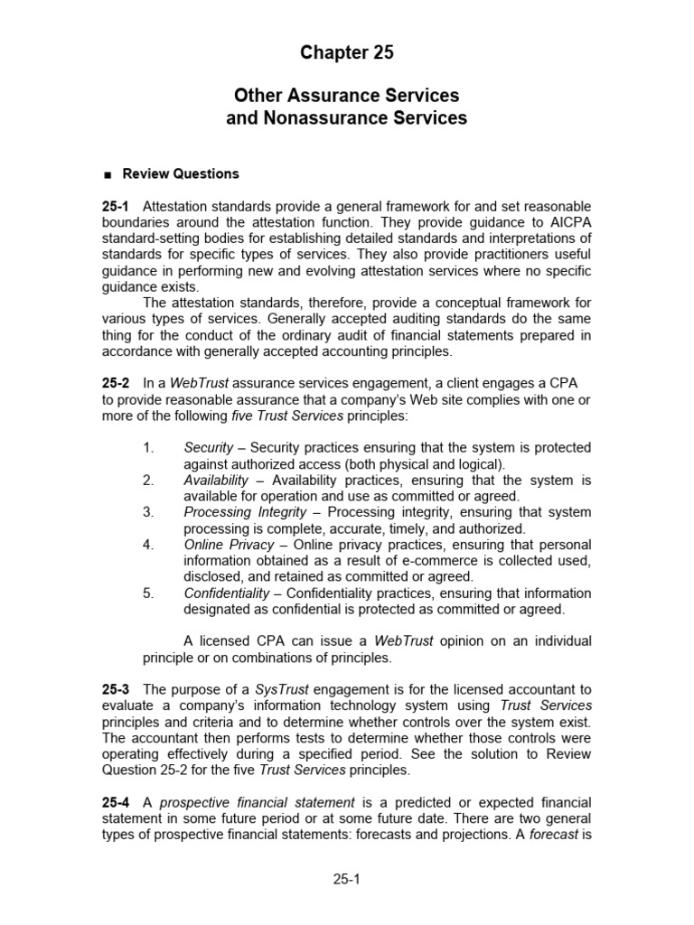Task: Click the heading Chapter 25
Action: (x=347, y=53)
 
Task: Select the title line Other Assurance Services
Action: (x=347, y=96)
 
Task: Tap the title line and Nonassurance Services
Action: (x=347, y=117)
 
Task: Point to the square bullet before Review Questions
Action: (x=107, y=174)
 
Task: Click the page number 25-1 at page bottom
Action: (x=347, y=877)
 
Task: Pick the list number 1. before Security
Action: (x=149, y=448)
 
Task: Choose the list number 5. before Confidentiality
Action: (x=149, y=593)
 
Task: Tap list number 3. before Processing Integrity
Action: (x=149, y=512)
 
